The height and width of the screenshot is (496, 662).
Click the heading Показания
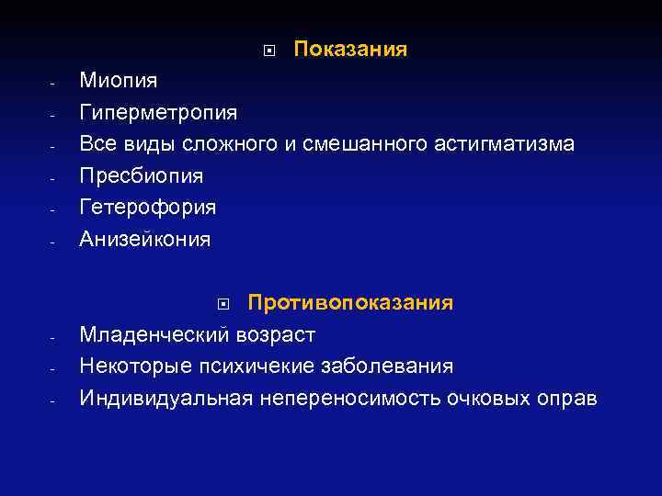[x=350, y=49]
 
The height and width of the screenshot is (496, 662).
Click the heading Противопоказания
[x=350, y=303]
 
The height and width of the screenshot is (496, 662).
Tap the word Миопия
[x=119, y=81]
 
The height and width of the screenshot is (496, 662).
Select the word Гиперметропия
[x=158, y=113]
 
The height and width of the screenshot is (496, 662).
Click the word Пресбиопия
[x=142, y=176]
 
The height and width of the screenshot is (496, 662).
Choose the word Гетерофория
[x=148, y=208]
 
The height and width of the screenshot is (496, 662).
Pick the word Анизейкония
[x=145, y=240]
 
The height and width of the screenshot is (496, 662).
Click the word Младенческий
[x=157, y=334]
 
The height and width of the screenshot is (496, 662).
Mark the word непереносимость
[x=350, y=399]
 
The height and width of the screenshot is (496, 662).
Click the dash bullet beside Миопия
[x=53, y=84]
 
